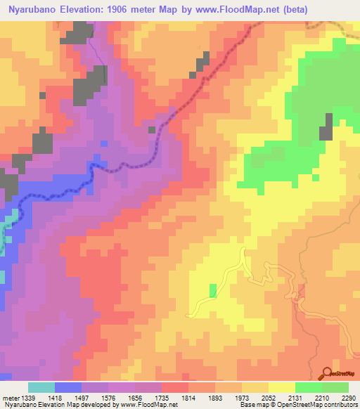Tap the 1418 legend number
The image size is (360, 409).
point(54,398)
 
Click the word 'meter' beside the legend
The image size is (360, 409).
point(9,398)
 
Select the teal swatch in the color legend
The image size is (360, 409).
point(41,387)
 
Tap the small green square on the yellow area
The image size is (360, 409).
point(213,290)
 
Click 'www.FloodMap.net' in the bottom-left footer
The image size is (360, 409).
point(148,405)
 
